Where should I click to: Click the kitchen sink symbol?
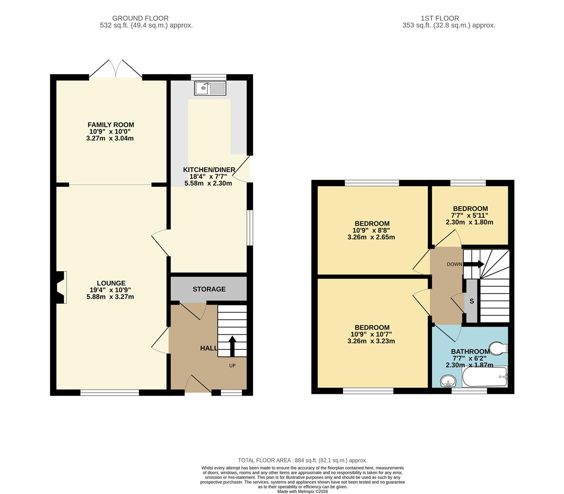click(x=210, y=88)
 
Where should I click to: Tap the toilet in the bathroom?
click(x=499, y=348)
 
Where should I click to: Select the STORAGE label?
click(x=209, y=289)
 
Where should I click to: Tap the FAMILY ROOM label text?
click(x=111, y=124)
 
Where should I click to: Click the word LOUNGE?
click(x=111, y=283)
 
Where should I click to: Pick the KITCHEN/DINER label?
click(x=209, y=170)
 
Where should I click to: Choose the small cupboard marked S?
click(x=471, y=301)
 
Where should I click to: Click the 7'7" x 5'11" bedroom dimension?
click(x=470, y=215)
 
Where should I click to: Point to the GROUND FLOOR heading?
click(x=140, y=18)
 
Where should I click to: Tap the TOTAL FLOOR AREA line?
click(x=302, y=460)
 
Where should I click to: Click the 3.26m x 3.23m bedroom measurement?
click(x=371, y=341)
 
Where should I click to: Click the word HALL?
click(x=209, y=348)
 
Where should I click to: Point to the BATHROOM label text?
click(x=470, y=351)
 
